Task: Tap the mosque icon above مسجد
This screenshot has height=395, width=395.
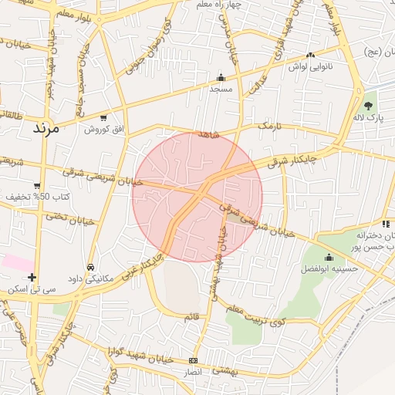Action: click(x=221, y=77)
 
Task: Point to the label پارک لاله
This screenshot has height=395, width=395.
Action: click(x=369, y=117)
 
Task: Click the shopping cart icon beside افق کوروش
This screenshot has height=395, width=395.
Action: click(x=103, y=118)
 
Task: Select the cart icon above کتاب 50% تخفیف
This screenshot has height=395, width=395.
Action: click(x=36, y=185)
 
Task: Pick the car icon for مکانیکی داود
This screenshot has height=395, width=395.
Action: click(x=91, y=267)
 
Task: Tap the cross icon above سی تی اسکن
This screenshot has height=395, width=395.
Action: click(x=32, y=277)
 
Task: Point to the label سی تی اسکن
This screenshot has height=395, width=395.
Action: click(x=29, y=289)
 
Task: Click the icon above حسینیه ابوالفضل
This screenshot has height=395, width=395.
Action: click(x=329, y=257)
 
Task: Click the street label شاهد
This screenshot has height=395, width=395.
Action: click(x=209, y=134)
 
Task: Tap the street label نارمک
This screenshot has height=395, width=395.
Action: click(x=270, y=125)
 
